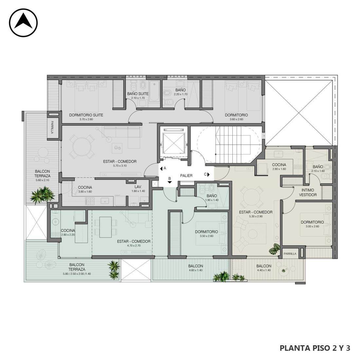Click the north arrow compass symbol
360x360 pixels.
[x=23, y=23]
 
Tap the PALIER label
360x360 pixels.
[x=186, y=176]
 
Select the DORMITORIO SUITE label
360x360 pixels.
[x=86, y=115]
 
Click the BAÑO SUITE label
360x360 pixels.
[x=138, y=94]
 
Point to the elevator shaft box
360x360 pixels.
[x=173, y=143]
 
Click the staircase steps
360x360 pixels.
[x=233, y=145]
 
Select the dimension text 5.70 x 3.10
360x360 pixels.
[x=120, y=166]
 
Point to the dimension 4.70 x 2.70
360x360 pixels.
[x=134, y=245]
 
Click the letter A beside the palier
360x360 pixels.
[x=165, y=168]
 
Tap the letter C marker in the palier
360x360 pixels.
[x=205, y=174]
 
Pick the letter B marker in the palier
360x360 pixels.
[x=170, y=178]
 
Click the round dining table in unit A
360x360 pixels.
[x=82, y=147]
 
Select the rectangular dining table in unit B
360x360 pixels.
[x=105, y=227]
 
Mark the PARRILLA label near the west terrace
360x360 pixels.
[x=52, y=127]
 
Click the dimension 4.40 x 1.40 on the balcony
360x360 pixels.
[x=264, y=270]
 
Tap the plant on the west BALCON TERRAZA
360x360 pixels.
[x=43, y=195]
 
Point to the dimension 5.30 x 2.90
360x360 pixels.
[x=256, y=216]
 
